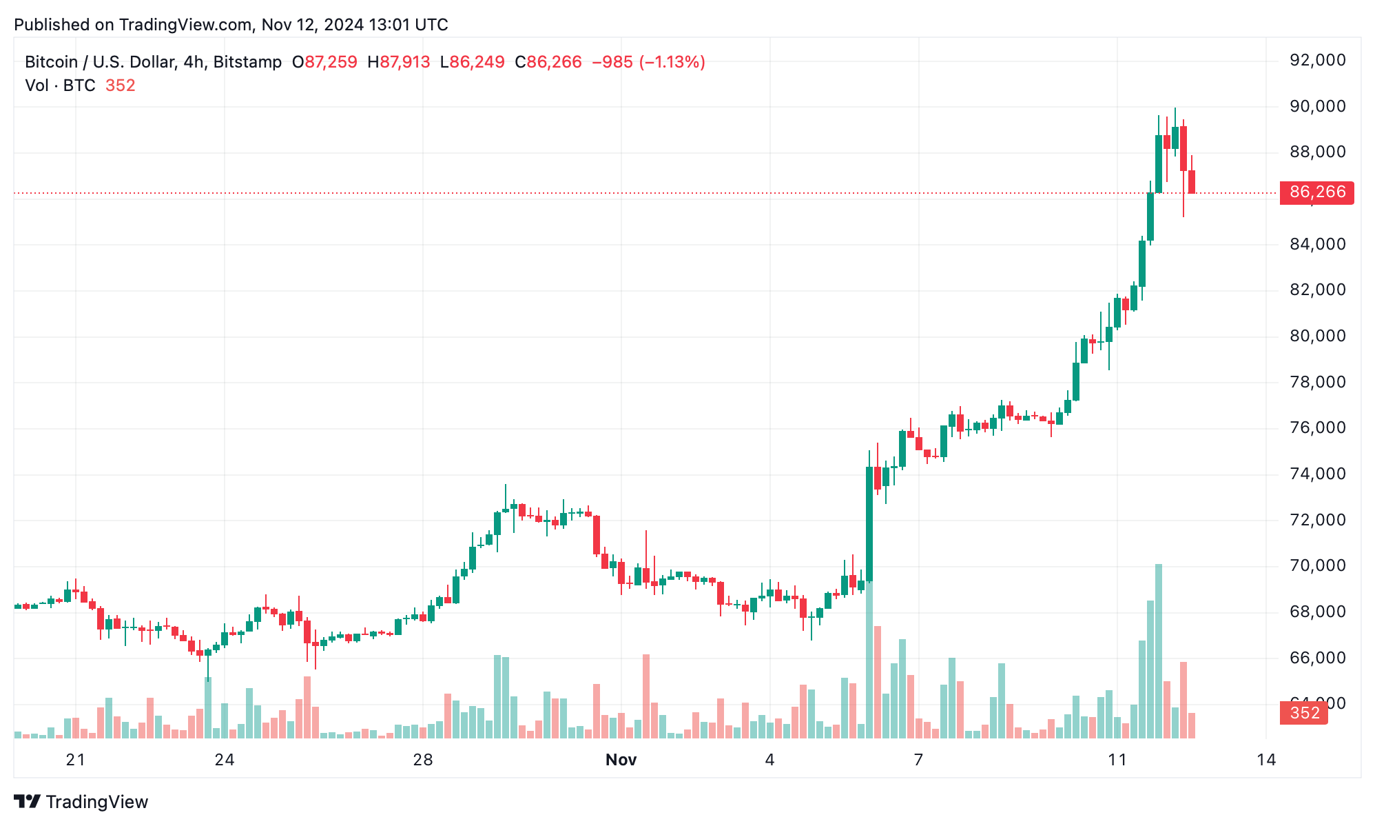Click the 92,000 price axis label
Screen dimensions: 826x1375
[1316, 61]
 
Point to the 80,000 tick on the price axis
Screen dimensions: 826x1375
[1316, 336]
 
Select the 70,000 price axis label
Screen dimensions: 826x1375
[1316, 565]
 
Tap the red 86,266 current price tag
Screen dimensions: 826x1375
[1316, 192]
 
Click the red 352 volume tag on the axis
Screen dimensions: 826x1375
[1303, 713]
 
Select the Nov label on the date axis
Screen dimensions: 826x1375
[621, 760]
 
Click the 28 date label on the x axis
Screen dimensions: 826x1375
[422, 760]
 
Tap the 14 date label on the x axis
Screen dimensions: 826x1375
[1265, 760]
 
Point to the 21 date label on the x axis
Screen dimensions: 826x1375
[75, 760]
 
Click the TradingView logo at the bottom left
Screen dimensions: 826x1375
[81, 802]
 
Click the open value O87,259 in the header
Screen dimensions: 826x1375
[324, 62]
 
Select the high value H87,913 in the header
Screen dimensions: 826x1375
[399, 62]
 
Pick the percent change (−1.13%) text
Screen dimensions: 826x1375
[672, 62]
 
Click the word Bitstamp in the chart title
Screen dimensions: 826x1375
[247, 62]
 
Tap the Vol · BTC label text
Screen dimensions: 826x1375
[60, 85]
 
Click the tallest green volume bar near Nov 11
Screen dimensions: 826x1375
[1159, 652]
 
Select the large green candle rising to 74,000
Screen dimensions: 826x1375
[869, 524]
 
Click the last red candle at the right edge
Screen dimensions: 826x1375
[1192, 181]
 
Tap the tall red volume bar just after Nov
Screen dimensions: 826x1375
[646, 696]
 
